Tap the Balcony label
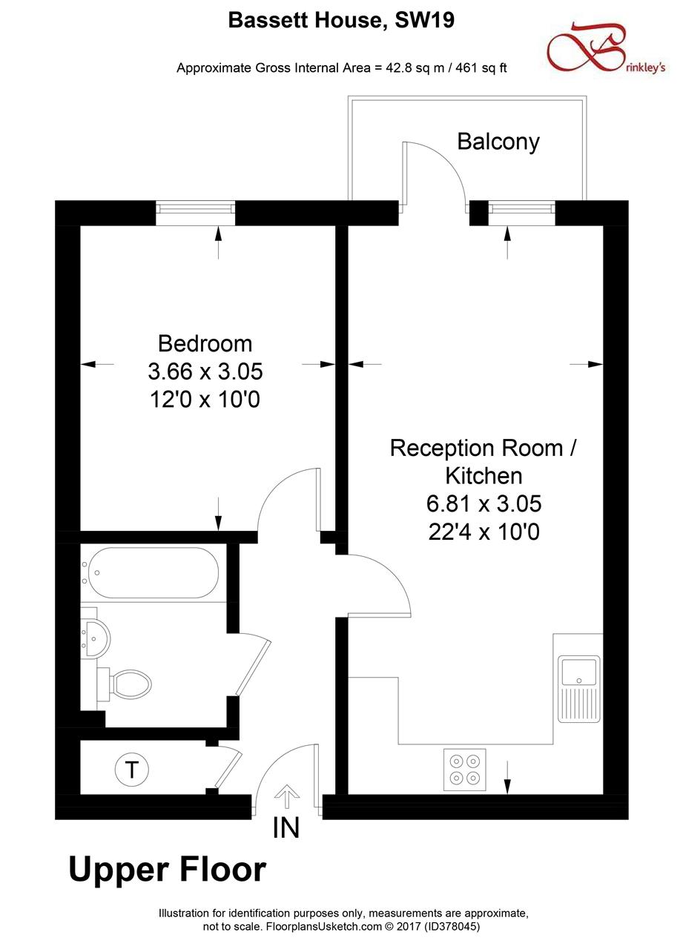point(498,141)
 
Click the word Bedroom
point(205,343)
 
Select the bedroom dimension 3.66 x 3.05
point(205,371)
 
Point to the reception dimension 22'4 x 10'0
point(483,532)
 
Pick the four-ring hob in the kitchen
point(465,769)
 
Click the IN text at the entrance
point(286,827)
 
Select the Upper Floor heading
point(167,869)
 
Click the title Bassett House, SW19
point(341,21)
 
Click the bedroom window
point(196,214)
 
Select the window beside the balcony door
point(522,214)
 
